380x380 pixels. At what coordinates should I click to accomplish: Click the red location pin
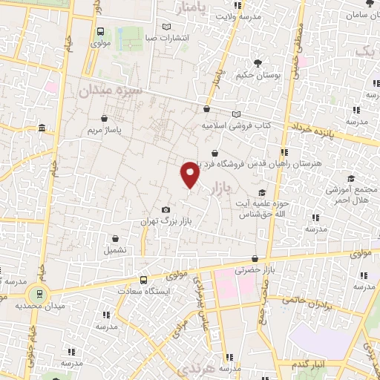pyautogui.click(x=191, y=174)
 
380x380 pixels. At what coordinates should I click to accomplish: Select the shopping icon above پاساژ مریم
pyautogui.click(x=105, y=117)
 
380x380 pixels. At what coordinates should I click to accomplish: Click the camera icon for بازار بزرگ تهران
pyautogui.click(x=166, y=210)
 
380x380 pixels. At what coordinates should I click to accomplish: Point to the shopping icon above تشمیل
pyautogui.click(x=116, y=239)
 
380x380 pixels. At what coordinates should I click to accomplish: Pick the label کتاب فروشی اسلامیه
pyautogui.click(x=237, y=125)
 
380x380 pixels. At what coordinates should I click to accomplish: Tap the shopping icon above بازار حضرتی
pyautogui.click(x=255, y=259)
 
